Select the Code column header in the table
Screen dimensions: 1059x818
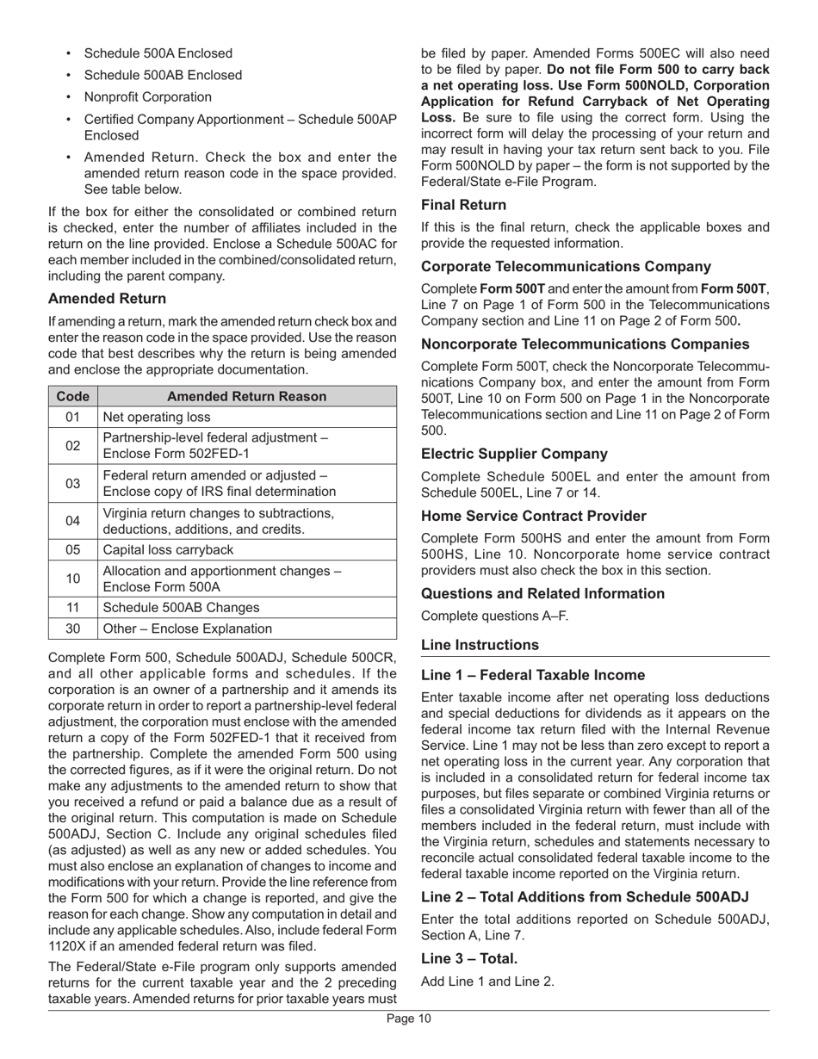pos(72,396)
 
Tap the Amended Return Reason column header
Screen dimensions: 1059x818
pos(246,396)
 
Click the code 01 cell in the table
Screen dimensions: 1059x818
pos(72,418)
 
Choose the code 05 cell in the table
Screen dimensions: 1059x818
pos(72,549)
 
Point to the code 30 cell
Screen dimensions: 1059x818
pos(72,629)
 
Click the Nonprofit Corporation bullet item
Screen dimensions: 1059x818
pos(147,97)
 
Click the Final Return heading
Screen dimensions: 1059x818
pos(463,205)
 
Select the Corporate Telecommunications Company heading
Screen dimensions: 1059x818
pos(566,267)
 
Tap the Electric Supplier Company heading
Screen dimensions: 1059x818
pos(514,454)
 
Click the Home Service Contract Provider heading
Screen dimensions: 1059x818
pos(533,517)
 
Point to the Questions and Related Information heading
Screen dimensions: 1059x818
pos(542,594)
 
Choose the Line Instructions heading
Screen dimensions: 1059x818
pos(480,645)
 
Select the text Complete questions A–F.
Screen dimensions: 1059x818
pos(494,616)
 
